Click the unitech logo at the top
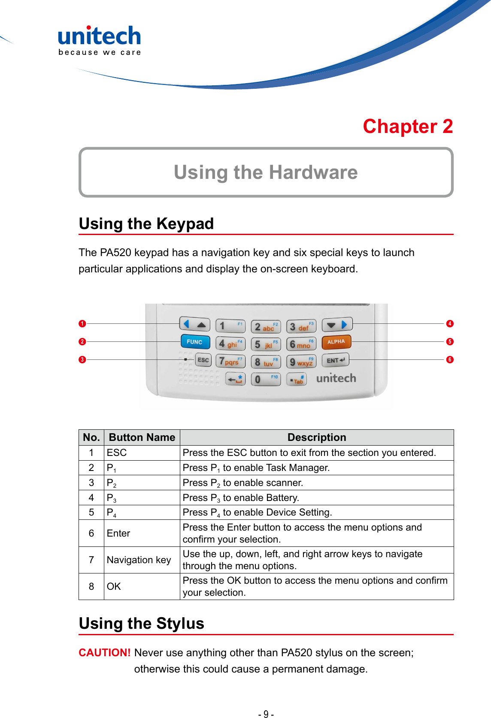99,40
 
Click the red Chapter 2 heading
408,127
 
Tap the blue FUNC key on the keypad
195,342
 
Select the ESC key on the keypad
203,360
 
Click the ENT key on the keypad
335,360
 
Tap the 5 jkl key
266,344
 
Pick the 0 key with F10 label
266,379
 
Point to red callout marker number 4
449,323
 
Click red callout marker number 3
82,359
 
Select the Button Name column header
142,437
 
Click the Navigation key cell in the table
139,560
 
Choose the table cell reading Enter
118,533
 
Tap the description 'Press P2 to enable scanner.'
243,483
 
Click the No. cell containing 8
91,586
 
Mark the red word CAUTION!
104,652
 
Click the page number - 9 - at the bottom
266,714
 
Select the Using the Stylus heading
142,623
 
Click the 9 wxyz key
301,362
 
